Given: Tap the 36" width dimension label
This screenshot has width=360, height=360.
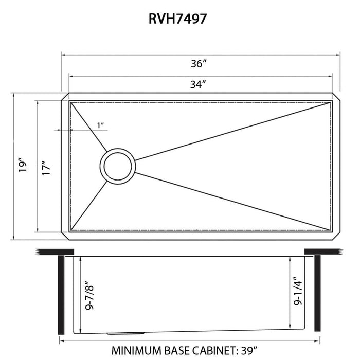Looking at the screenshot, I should (x=198, y=64).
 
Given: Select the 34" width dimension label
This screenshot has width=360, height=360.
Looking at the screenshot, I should (x=198, y=85).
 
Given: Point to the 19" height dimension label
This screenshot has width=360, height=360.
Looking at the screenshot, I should (x=22, y=166).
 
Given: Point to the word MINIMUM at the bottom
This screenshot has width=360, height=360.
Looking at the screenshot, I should (x=138, y=351).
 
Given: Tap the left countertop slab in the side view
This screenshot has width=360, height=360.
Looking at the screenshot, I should (x=55, y=251).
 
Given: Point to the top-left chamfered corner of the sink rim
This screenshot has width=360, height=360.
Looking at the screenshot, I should (x=65, y=97).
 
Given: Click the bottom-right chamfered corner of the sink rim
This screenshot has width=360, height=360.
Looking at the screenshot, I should (x=336, y=236).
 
